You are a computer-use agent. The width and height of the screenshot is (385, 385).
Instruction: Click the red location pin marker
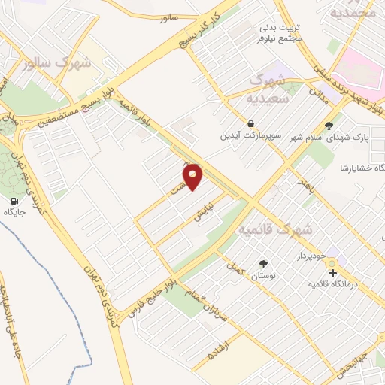pyautogui.click(x=193, y=177)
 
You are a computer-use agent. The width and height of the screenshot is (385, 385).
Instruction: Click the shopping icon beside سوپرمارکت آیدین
pyautogui.click(x=250, y=123)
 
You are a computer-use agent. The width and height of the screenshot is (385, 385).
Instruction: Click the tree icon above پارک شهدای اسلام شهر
pyautogui.click(x=328, y=126)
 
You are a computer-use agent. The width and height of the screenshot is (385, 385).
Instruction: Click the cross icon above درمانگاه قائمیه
pyautogui.click(x=333, y=272)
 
